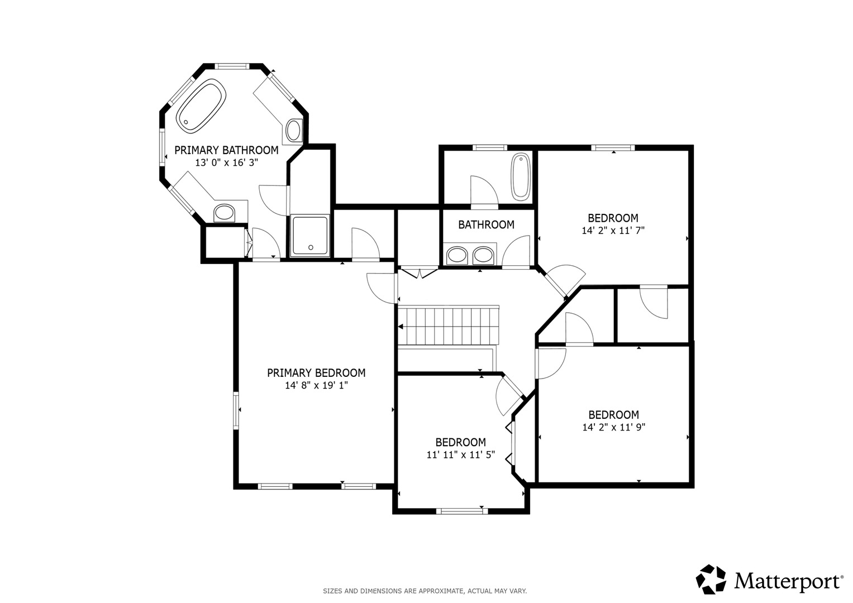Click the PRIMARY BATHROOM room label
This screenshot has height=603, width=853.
[226, 150]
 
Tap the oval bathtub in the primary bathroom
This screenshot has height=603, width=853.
[201, 106]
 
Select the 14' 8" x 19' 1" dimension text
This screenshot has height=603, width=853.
[316, 386]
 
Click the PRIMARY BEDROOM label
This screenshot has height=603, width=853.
[316, 373]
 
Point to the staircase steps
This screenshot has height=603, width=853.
[449, 326]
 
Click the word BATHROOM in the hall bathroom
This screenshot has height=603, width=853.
[487, 224]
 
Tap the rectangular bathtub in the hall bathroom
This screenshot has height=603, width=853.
[521, 177]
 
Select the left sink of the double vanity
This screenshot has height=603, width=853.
[457, 255]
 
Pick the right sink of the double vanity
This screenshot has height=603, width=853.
[483, 255]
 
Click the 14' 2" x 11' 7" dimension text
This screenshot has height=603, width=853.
[613, 231]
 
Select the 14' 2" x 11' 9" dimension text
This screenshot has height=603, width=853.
[614, 427]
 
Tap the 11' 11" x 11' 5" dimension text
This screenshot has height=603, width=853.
[461, 455]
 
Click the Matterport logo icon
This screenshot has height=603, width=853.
[711, 579]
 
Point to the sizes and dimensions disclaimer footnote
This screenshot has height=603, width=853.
[425, 591]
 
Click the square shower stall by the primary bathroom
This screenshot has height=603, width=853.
[310, 235]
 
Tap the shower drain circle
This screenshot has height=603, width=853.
[311, 247]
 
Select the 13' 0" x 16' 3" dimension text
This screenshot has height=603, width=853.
[227, 163]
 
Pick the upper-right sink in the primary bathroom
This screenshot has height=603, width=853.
[294, 130]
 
